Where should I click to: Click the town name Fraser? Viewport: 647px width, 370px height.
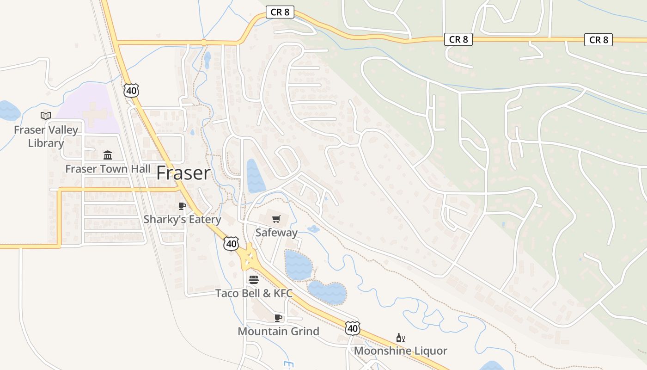click(x=183, y=173)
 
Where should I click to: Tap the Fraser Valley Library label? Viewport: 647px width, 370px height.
click(x=46, y=136)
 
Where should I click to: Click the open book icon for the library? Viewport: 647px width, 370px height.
click(x=46, y=116)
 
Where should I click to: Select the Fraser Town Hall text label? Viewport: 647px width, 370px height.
click(x=108, y=169)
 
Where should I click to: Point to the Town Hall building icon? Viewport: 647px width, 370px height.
click(x=108, y=155)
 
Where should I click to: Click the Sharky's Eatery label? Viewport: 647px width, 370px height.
click(x=182, y=219)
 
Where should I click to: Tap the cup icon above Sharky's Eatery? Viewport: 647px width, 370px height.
click(x=182, y=206)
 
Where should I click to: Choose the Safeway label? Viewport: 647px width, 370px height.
click(x=276, y=233)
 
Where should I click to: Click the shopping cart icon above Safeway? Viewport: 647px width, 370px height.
click(x=276, y=219)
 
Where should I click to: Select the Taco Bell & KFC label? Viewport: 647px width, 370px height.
click(x=254, y=293)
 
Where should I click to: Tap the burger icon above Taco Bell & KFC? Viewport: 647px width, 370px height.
click(x=254, y=280)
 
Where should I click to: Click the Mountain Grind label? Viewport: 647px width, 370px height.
click(x=278, y=331)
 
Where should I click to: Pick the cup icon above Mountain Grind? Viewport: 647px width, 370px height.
click(x=278, y=318)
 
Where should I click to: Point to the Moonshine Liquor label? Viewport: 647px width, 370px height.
click(x=401, y=351)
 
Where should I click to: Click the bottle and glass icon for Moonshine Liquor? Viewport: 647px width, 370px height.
click(x=401, y=338)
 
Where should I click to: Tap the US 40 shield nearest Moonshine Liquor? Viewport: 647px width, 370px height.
click(x=352, y=328)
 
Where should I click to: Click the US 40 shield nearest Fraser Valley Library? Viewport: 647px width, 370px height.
click(x=131, y=91)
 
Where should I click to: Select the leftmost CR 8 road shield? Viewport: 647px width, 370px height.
click(x=280, y=12)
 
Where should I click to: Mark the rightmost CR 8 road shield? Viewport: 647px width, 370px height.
click(x=598, y=40)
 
